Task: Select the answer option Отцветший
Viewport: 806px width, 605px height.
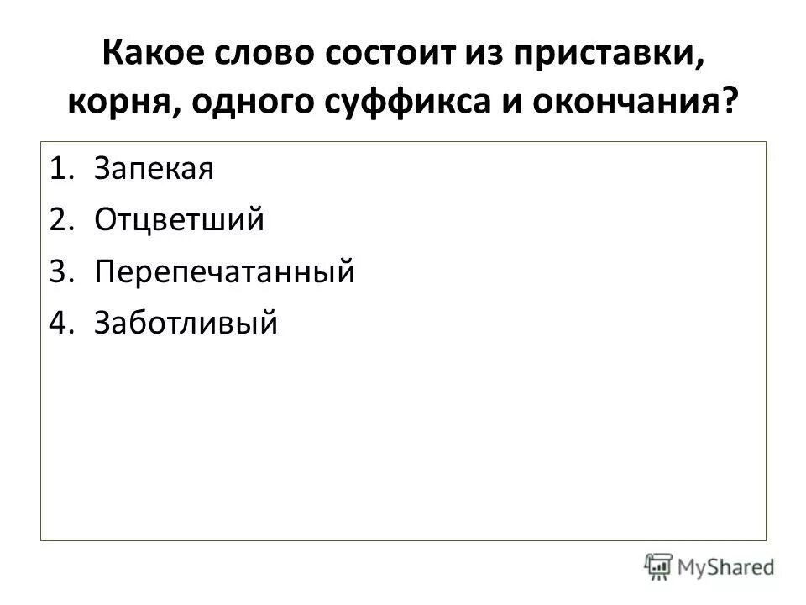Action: click(180, 221)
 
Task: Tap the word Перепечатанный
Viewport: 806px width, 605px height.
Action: click(225, 272)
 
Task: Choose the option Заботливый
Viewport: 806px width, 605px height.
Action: click(186, 323)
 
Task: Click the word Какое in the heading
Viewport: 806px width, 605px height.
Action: click(150, 58)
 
